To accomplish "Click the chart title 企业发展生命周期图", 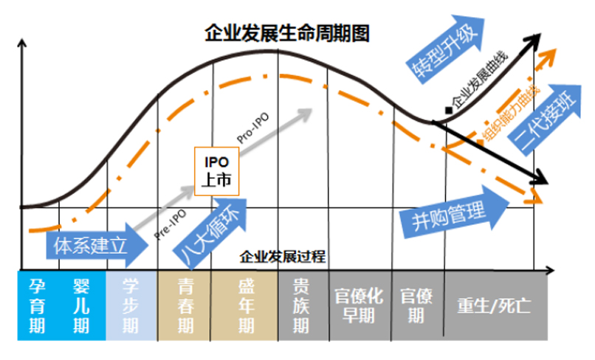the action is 287,34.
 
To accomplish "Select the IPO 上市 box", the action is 217,171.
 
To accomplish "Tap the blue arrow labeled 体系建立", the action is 97,246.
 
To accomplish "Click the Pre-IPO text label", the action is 171,224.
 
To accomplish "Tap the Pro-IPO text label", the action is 253,128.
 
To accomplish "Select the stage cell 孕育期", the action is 37,305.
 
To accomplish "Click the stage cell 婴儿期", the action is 82,305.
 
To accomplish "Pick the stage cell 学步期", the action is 131,305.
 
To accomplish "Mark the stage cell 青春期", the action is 185,305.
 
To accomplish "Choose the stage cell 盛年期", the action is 245,305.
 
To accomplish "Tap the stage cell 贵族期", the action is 303,305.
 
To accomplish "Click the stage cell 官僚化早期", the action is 360,305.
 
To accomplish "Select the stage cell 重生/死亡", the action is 495,305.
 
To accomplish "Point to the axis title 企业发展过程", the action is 283,257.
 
